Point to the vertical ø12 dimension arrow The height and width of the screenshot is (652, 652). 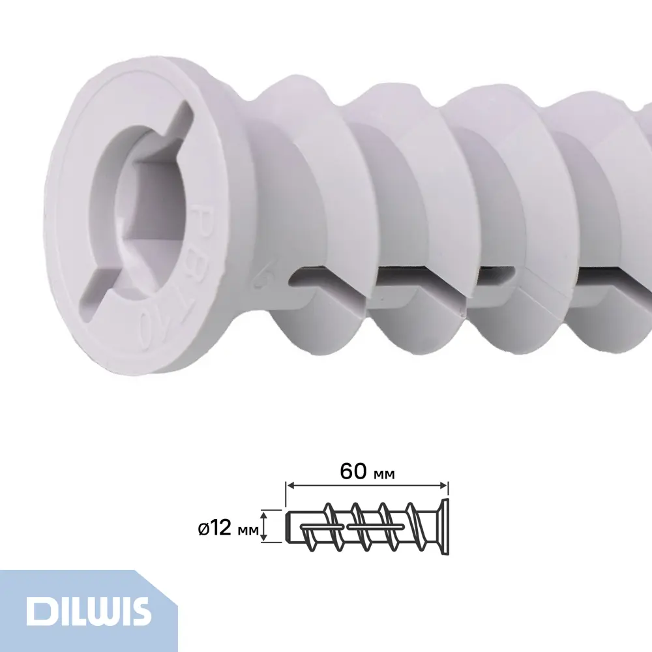(x=264, y=526)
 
